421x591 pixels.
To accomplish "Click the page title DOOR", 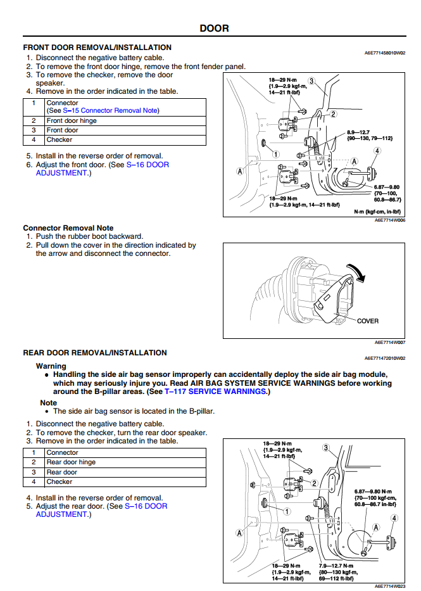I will pos(214,29).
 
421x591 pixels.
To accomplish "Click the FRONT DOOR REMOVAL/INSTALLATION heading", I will pos(97,48).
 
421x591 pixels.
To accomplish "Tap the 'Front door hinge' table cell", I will pos(72,121).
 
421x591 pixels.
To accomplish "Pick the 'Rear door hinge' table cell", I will pos(71,462).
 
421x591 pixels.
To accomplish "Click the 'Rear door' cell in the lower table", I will pos(62,472).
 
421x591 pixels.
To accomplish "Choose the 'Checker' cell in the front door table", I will pos(60,140).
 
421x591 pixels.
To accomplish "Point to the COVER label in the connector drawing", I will pos(368,321).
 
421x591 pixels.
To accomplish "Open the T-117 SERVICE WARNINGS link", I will pos(216,391).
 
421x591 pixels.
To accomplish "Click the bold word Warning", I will pos(51,366).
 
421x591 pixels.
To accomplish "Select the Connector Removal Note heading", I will pos(68,228).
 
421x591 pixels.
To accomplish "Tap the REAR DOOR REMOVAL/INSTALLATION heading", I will pos(95,353).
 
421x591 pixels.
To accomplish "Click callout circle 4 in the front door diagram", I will pos(377,151).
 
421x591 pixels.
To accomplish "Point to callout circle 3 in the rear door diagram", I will pos(326,448).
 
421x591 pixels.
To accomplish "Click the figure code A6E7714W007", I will pos(389,343).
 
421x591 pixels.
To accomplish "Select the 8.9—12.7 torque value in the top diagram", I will pos(359,132).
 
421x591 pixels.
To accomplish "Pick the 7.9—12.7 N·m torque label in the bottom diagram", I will pos(337,565).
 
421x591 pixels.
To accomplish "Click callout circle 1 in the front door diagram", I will pos(276,154).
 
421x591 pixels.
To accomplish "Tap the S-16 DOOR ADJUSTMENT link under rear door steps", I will pos(146,507).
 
